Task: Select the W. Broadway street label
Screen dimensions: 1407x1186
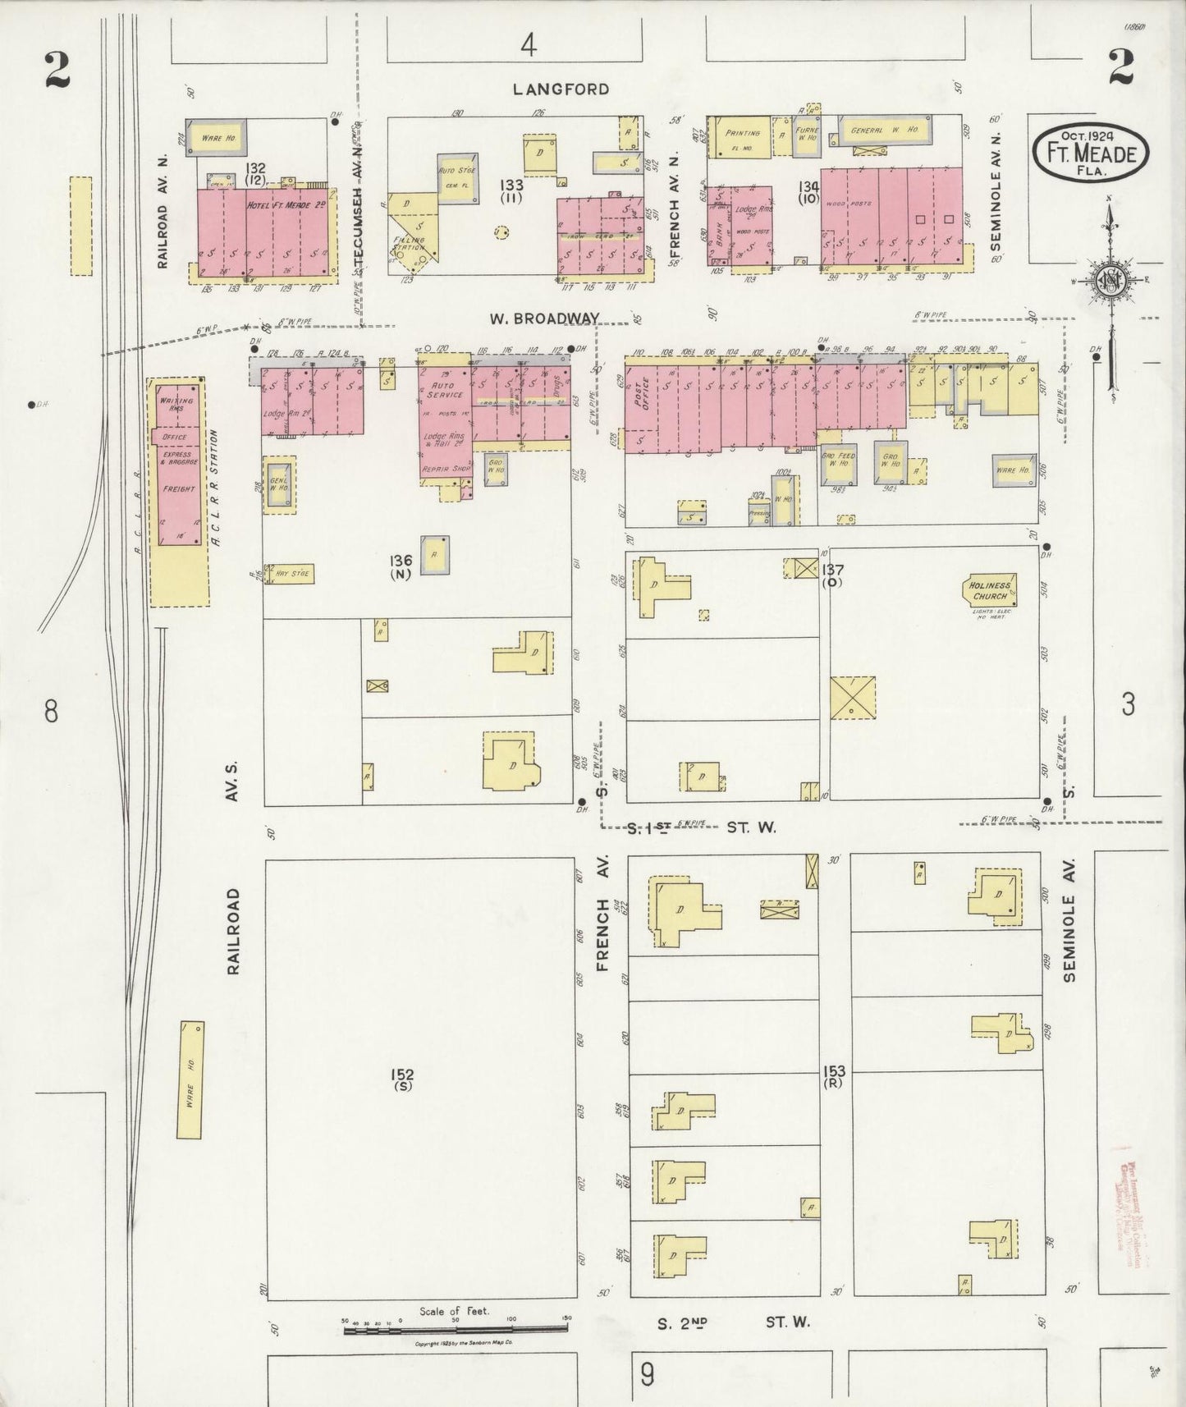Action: point(544,318)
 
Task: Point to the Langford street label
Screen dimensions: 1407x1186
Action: point(561,89)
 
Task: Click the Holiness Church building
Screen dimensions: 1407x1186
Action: point(990,590)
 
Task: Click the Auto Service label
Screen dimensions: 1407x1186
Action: point(444,389)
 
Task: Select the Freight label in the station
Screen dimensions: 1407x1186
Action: point(179,489)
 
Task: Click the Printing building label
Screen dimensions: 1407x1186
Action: point(743,132)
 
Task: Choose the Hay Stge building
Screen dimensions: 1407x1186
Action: point(291,574)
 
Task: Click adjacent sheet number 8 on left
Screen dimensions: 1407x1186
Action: point(51,711)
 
